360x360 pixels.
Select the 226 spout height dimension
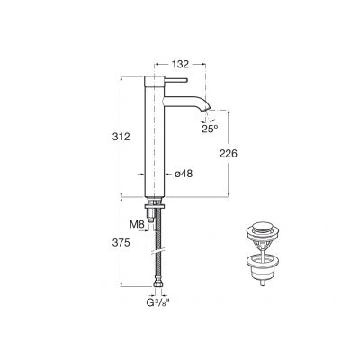(229, 154)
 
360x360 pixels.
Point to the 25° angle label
(209, 129)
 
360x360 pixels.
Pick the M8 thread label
(137, 221)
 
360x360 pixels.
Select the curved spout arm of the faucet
(189, 99)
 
